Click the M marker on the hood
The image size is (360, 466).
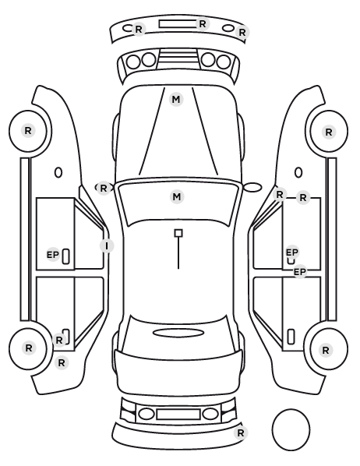coord(176,99)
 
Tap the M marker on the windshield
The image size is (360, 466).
coord(177,196)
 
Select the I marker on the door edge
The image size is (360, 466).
coord(107,245)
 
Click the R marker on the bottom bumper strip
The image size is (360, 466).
coord(241,432)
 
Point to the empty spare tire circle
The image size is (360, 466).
coord(291,429)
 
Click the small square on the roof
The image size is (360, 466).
coord(178,233)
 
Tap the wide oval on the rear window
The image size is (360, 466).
coord(178,333)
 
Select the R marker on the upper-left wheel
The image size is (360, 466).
coord(28,130)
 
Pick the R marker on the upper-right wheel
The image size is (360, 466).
coord(329,132)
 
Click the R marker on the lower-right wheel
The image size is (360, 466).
coord(326,351)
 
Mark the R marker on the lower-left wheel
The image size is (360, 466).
coord(29,348)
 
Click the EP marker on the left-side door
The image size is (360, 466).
coord(53,255)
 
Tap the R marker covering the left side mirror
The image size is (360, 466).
coord(103,188)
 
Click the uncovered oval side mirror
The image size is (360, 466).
coord(252,187)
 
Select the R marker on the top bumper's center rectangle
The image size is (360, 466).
coord(203,23)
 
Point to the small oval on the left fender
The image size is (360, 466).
coord(58,172)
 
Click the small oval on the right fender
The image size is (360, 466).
coord(298,172)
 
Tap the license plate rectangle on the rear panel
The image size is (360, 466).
coord(178,415)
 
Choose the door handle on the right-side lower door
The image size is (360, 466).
coord(291,337)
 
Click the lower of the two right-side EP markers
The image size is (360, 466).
coord(300,272)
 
